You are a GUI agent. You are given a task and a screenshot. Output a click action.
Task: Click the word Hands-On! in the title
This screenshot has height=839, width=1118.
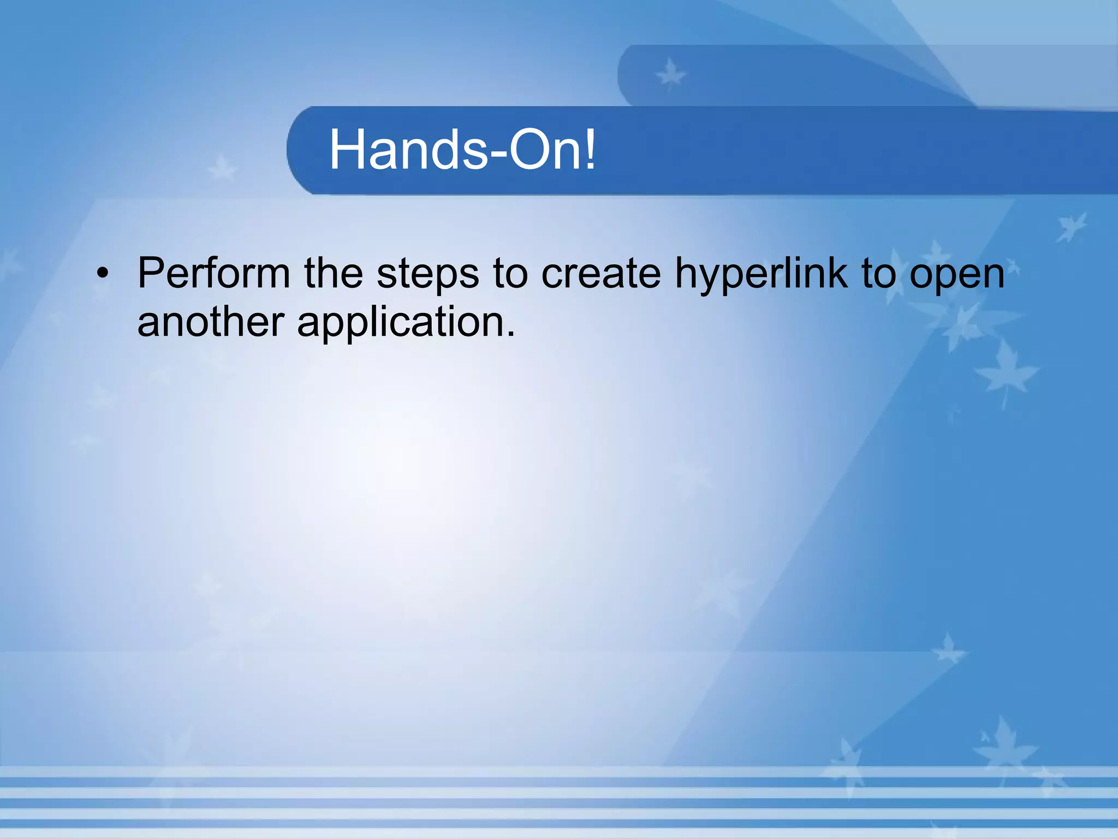tap(462, 150)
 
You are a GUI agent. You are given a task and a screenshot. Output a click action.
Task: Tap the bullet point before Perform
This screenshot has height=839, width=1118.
tap(103, 274)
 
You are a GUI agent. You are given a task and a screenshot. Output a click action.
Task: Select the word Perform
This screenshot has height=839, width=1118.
tap(213, 273)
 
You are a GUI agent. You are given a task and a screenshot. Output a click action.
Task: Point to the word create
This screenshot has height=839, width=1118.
tap(600, 273)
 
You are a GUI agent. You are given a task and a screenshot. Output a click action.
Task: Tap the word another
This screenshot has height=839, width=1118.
tap(210, 322)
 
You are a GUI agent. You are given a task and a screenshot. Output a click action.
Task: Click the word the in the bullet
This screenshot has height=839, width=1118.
tap(333, 273)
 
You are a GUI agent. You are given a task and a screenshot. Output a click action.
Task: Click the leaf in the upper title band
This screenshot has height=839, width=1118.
tap(670, 75)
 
